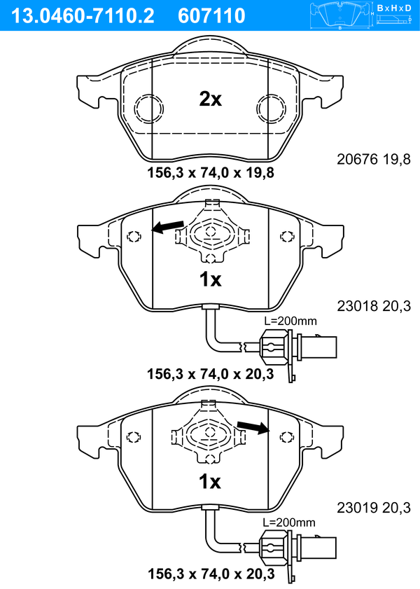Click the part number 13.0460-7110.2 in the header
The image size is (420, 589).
click(x=83, y=16)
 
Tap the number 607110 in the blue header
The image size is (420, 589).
click(x=211, y=16)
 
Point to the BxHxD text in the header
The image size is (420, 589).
click(x=394, y=8)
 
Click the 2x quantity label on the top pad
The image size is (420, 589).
click(x=210, y=99)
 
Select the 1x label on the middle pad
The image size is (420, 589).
click(x=210, y=279)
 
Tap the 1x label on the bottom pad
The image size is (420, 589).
click(x=210, y=481)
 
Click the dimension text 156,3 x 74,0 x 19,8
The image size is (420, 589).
click(x=211, y=173)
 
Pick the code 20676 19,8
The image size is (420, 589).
click(x=374, y=159)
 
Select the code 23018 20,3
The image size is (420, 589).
click(x=374, y=306)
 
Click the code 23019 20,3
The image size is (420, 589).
click(x=374, y=508)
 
